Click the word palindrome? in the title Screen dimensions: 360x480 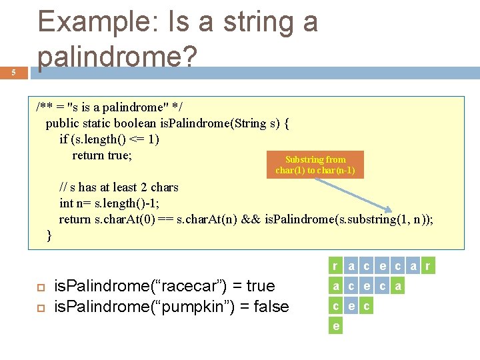[117, 59]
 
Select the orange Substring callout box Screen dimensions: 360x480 [315, 165]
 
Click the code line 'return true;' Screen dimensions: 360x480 [102, 155]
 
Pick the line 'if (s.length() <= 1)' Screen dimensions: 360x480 [109, 139]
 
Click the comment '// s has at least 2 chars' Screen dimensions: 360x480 [119, 187]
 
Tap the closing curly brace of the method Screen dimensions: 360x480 [49, 235]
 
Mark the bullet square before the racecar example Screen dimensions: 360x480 [40, 287]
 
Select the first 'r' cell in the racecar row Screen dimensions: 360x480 [335, 267]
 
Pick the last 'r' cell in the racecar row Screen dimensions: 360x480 [428, 267]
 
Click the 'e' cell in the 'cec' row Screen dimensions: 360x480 [351, 307]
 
